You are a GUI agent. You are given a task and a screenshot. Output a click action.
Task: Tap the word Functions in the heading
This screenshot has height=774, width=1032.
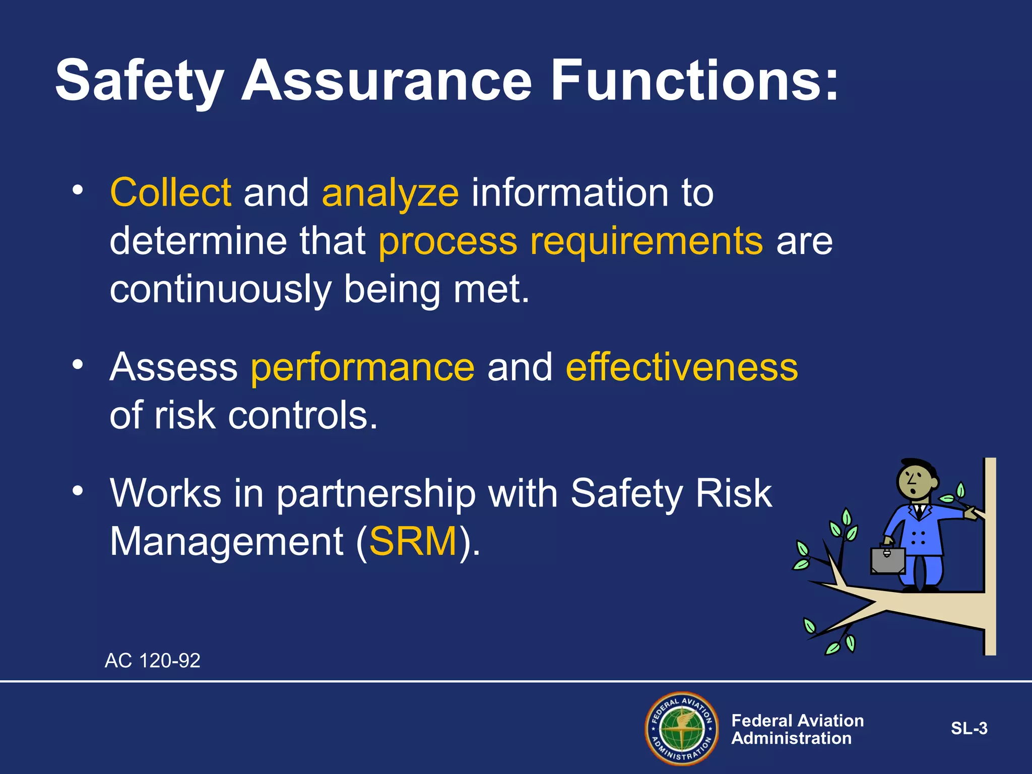tap(694, 81)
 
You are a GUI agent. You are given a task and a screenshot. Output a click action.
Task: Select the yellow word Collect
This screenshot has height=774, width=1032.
tap(171, 192)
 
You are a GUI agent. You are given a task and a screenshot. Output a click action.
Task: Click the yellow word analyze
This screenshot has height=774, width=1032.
tap(391, 193)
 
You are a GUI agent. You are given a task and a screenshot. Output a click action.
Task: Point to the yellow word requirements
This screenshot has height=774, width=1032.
tap(647, 241)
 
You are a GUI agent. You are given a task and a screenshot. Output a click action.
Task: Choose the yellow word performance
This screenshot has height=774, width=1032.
tap(363, 368)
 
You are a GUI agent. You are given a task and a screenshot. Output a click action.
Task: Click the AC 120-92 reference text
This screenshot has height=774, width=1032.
tap(152, 661)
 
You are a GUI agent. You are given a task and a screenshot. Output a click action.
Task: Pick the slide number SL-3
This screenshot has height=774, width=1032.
tap(969, 729)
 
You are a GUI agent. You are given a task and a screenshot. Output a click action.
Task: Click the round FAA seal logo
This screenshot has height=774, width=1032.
tap(682, 728)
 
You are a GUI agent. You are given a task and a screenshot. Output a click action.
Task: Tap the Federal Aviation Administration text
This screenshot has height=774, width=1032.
tap(797, 729)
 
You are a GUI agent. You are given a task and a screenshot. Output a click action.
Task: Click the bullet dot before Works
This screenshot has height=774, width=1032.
tap(77, 490)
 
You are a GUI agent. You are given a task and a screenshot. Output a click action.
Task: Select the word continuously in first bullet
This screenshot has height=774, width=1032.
tap(220, 290)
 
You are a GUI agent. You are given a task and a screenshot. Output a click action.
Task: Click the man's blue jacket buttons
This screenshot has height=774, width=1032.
tap(918, 538)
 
